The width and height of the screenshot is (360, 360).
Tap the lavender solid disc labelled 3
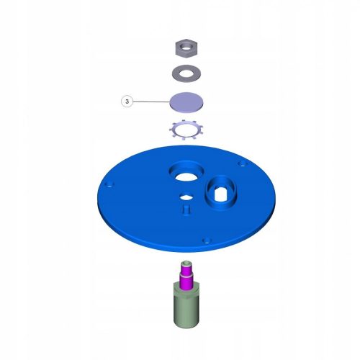pos(186,102)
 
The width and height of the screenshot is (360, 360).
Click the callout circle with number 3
pos(127,102)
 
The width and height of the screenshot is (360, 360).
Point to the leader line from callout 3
pos(151,102)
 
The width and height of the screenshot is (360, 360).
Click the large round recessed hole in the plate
pos(186,171)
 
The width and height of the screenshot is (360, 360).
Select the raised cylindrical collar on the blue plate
pos(221,193)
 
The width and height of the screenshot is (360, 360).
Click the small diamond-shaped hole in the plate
pos(186,197)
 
